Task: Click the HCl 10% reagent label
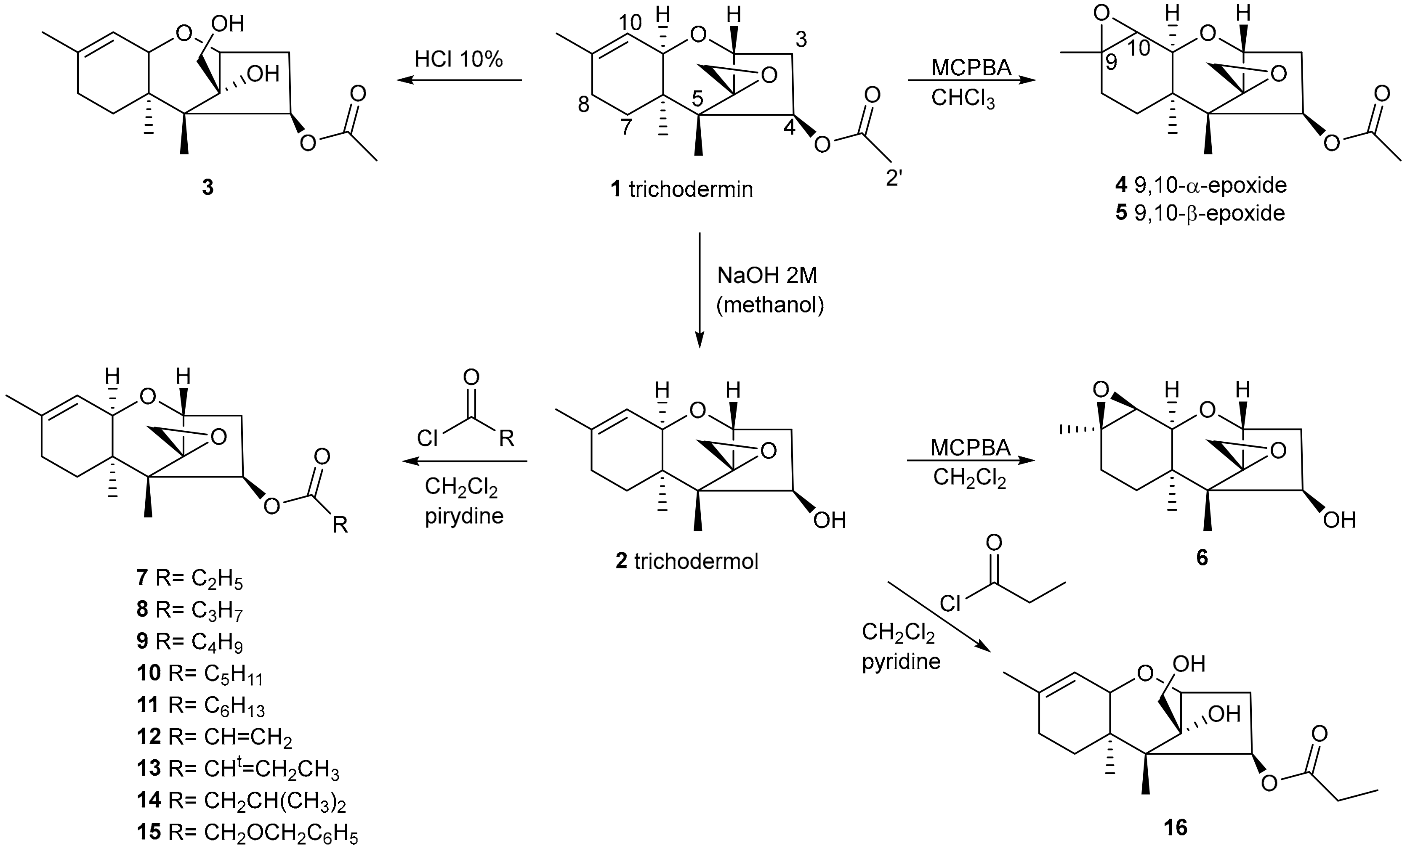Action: tap(458, 59)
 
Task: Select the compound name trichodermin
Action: tap(691, 189)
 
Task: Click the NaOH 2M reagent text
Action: tap(767, 276)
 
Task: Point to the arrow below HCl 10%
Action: tap(459, 81)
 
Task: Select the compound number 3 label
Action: tap(208, 188)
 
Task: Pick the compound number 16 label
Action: tap(1176, 827)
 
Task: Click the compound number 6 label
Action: tap(1202, 558)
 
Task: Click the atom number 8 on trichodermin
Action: tap(583, 105)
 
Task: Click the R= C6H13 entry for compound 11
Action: tap(216, 705)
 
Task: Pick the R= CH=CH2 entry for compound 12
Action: tap(230, 737)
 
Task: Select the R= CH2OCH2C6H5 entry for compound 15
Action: tap(263, 832)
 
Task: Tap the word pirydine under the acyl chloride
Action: tap(464, 516)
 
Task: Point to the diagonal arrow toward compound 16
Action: tap(939, 616)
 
